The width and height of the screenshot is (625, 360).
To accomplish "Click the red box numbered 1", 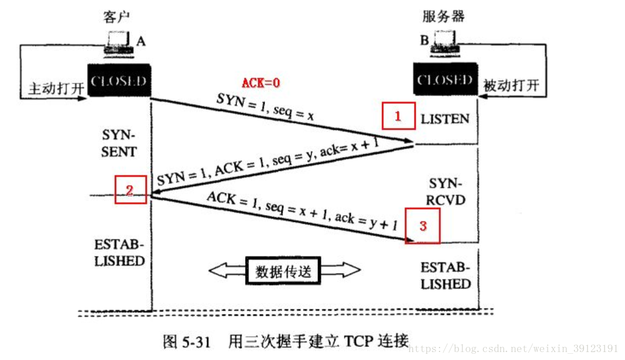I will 398,117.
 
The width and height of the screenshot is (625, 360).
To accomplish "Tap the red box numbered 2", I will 130,189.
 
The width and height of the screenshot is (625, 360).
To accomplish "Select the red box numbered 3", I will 423,226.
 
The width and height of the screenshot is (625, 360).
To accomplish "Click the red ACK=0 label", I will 261,82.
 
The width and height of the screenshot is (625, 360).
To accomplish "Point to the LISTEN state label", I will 445,119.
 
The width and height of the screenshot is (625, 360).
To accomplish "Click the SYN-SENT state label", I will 119,144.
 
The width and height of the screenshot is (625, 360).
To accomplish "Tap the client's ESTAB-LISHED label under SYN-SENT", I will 120,253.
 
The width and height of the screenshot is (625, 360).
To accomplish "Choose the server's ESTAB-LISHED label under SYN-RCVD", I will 446,275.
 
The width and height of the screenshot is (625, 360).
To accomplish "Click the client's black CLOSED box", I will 119,80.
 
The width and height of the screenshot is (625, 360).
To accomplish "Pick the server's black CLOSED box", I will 445,80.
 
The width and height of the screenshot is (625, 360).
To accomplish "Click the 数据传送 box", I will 284,271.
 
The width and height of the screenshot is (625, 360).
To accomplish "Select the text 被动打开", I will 510,86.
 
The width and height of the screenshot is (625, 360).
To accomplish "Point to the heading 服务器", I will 444,15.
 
